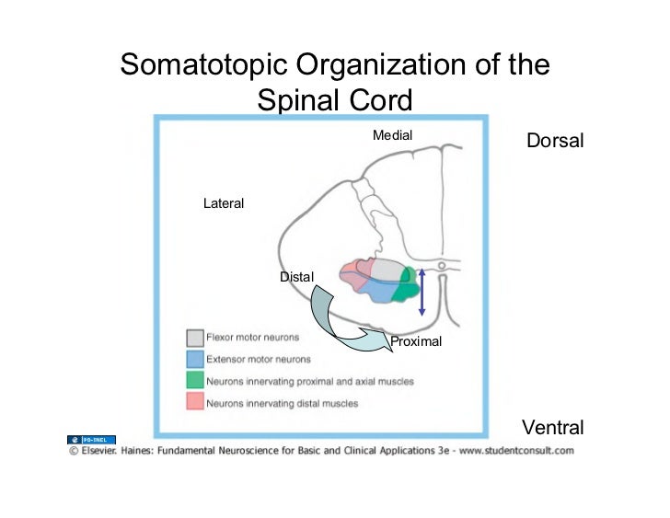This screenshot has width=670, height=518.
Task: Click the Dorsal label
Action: pos(554,141)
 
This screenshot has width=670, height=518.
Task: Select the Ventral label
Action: pos(552,427)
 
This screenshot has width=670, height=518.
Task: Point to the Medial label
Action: pos(392,135)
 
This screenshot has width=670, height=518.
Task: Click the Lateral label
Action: pos(224,203)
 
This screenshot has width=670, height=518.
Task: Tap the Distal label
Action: pos(296,276)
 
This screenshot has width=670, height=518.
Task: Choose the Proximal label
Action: pos(416,341)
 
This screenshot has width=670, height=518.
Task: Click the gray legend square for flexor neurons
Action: pos(194,338)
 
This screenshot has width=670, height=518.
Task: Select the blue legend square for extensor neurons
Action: pos(194,359)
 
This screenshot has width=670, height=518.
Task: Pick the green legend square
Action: pos(194,380)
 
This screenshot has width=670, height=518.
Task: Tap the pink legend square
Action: pos(194,401)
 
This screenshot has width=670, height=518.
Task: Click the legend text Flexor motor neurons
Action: pos(252,338)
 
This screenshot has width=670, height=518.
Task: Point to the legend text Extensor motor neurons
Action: pos(258,359)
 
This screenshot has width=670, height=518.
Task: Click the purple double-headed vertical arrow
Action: pos(422,292)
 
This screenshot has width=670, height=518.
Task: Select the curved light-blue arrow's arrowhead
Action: pos(375,338)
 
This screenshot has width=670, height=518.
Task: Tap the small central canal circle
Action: pos(442,267)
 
